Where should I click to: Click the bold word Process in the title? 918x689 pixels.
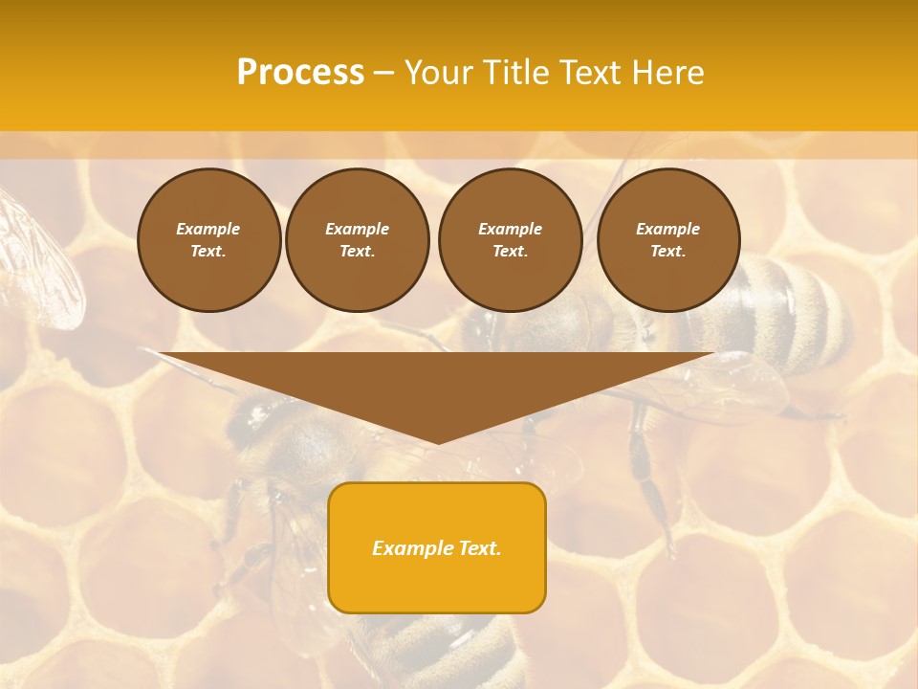[x=300, y=73]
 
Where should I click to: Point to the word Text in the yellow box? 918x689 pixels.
[x=479, y=548]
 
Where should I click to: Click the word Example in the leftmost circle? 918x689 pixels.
[x=208, y=229]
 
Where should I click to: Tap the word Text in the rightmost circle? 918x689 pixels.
[x=668, y=251]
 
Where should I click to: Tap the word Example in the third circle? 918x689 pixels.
[x=510, y=229]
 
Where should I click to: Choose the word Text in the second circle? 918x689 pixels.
[x=357, y=251]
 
